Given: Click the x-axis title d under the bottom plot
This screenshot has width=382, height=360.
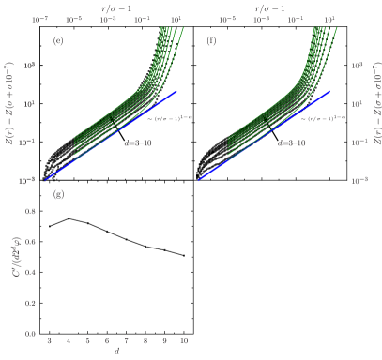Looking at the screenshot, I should [x=116, y=352].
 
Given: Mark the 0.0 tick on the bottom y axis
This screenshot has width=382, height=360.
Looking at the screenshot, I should [x=31, y=334].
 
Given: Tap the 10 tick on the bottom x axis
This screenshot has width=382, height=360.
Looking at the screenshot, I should [x=184, y=341].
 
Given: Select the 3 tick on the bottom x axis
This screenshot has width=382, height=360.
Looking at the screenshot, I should [x=49, y=341].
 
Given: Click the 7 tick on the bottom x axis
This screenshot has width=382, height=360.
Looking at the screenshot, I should [x=126, y=341].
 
